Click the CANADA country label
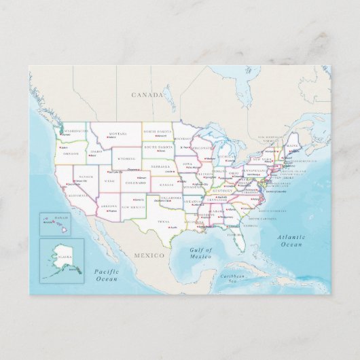pos(148,95)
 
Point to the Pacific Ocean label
pos(107,274)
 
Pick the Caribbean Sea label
pos(235,279)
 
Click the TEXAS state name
pos(163,221)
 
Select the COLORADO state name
pos(136,182)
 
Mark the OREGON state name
pos(71,154)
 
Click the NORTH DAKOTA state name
pos(158,131)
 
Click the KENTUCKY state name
pos(226,191)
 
